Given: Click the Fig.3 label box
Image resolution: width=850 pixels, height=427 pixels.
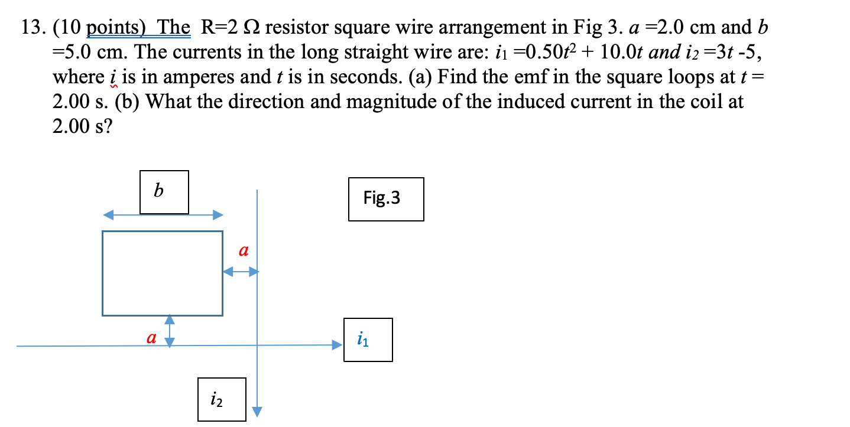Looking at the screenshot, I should tap(385, 199).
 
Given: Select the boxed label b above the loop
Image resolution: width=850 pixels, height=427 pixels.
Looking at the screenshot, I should tap(164, 192).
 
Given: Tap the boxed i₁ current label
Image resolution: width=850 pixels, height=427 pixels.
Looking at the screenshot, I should tap(367, 340).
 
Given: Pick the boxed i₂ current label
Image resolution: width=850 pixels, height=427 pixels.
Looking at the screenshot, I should tap(222, 399).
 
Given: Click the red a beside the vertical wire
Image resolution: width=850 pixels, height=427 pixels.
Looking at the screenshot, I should tap(242, 251).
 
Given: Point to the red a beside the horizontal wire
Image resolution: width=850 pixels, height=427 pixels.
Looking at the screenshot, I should tap(151, 338).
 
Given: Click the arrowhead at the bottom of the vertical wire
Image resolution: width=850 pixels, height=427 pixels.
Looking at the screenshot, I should tap(257, 411).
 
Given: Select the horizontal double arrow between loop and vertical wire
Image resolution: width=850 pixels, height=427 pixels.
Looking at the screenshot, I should tap(240, 272).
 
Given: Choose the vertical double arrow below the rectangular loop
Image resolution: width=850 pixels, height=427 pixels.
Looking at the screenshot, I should tap(170, 331).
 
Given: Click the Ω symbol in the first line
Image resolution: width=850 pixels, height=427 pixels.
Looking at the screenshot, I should tap(251, 28).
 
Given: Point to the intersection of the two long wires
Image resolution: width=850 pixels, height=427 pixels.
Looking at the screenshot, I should tap(257, 345).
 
